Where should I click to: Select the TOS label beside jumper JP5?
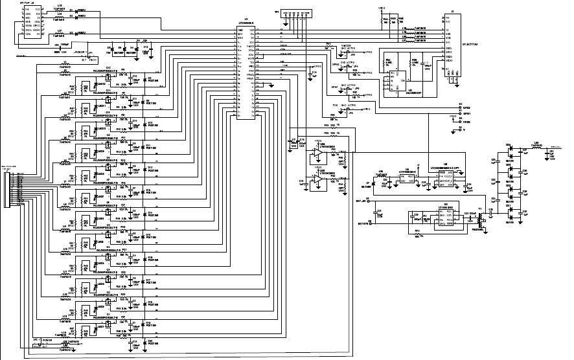336,105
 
